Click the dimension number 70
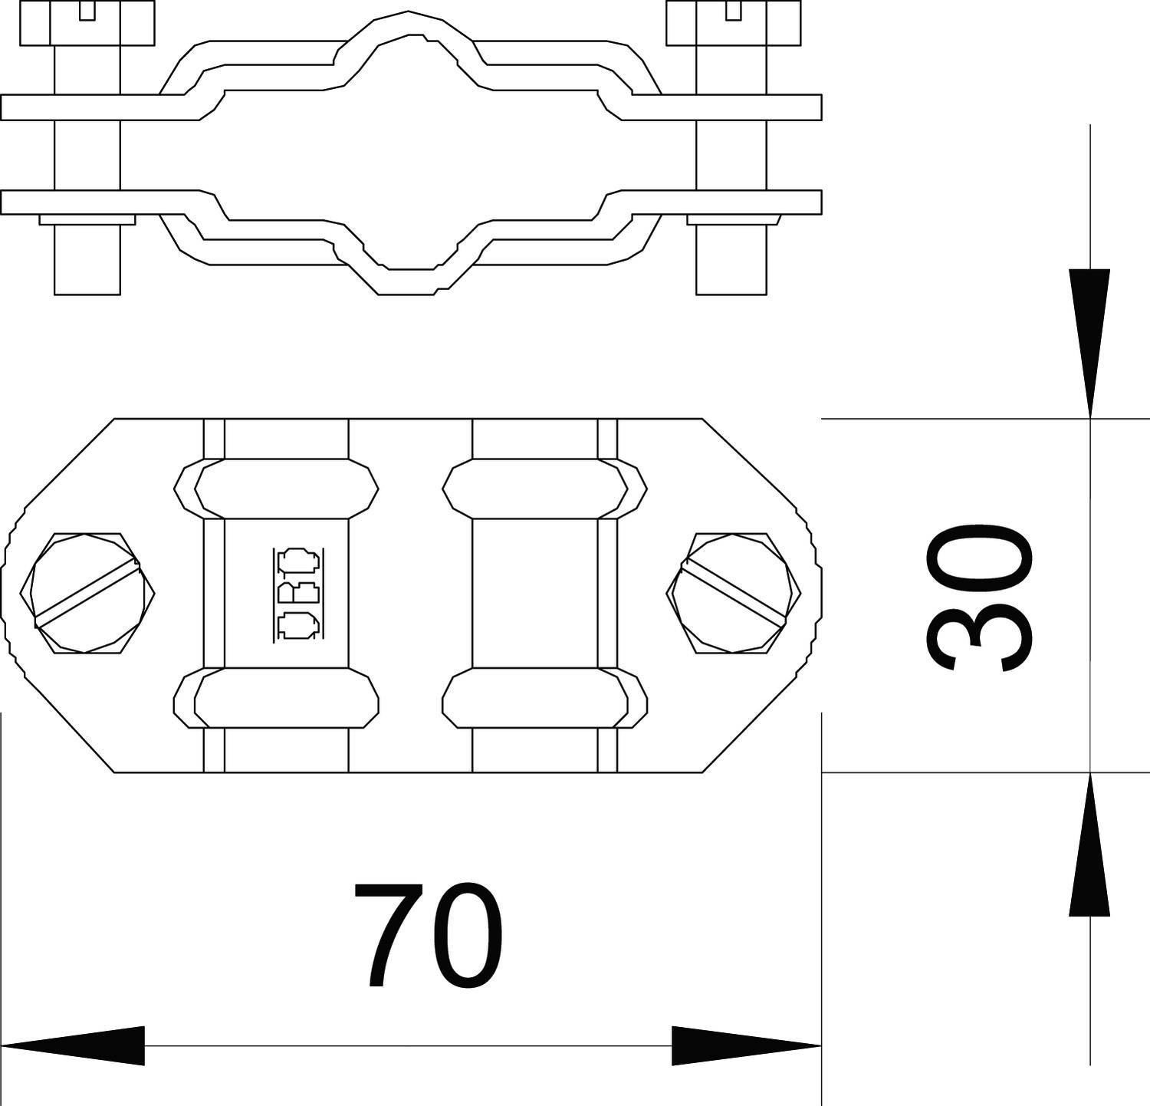(x=427, y=934)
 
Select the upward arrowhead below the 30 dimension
(x=1089, y=844)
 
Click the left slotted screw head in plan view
(x=87, y=592)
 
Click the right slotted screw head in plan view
(x=734, y=592)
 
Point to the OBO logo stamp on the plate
(x=296, y=593)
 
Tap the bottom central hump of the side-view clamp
(x=409, y=281)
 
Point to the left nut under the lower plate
(x=87, y=219)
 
